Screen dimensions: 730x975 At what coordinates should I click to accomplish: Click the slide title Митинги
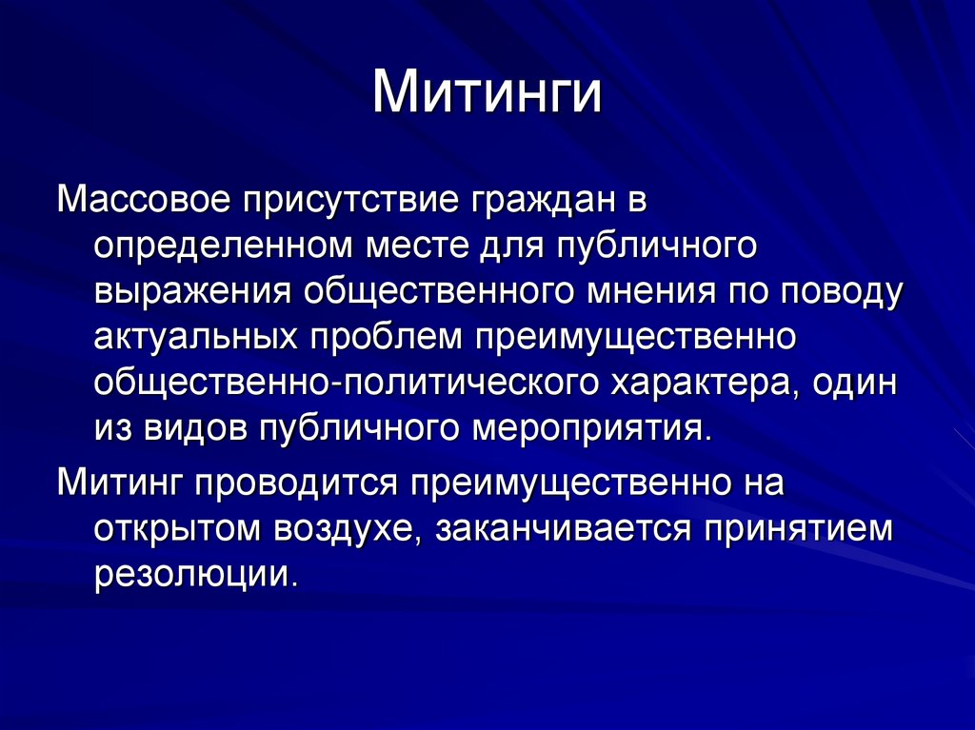[487, 96]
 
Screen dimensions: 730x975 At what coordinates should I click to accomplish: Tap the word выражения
[191, 292]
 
